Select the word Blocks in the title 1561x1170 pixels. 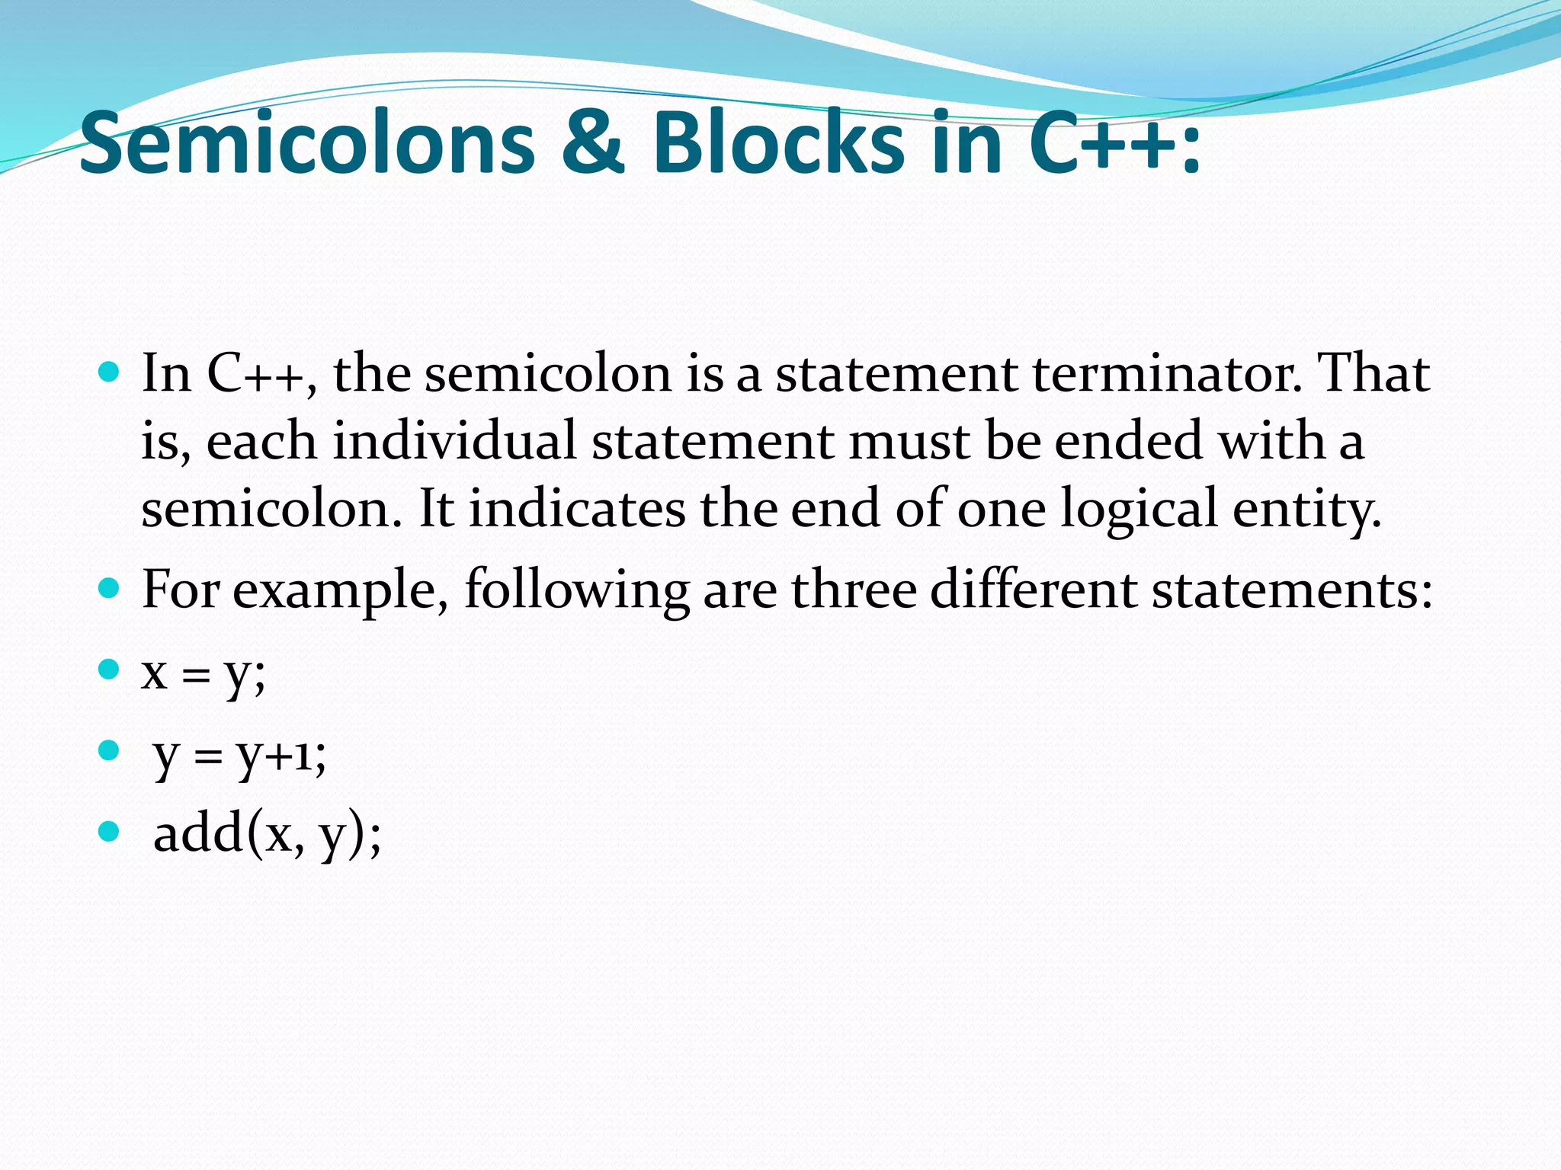pos(778,143)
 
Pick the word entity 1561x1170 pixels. pos(1306,509)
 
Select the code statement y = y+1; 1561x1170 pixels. pos(240,756)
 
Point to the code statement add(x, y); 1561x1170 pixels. pos(268,835)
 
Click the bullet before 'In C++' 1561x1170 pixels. pos(110,372)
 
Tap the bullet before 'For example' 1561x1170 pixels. pos(110,589)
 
